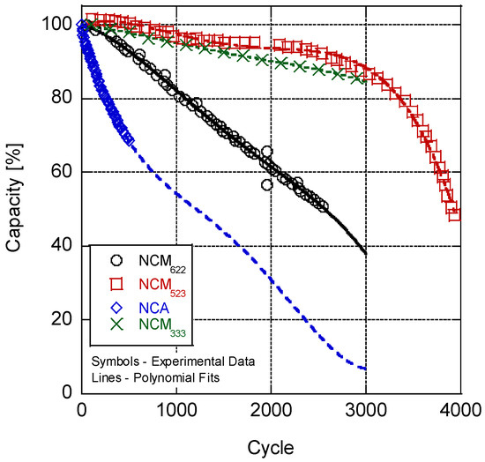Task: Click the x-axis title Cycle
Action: pos(270,443)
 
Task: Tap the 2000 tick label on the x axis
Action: pos(270,410)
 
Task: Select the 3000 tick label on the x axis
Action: pos(364,410)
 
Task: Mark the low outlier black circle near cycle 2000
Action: pos(266,185)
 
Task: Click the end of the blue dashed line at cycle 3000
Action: pos(363,368)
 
